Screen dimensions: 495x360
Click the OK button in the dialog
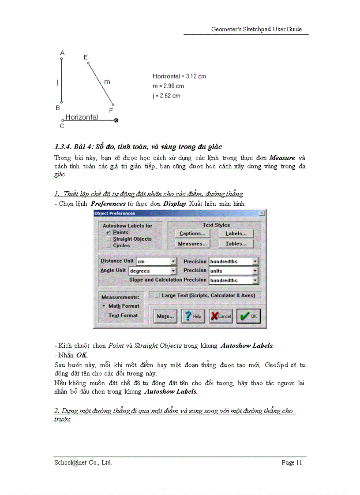tap(249, 316)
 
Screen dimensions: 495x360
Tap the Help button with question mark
tap(193, 316)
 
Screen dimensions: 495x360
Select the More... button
tap(165, 316)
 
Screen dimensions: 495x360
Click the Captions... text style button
tap(192, 234)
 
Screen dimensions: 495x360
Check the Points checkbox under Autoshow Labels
tap(108, 232)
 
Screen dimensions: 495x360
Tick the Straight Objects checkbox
tap(108, 239)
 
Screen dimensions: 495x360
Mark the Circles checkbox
tap(108, 246)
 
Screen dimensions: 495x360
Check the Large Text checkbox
tap(157, 295)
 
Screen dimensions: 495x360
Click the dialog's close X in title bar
tap(262, 213)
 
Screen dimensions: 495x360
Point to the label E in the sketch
tap(86, 57)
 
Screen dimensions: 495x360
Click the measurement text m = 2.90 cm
tap(168, 86)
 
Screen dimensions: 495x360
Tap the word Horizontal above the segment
tap(82, 117)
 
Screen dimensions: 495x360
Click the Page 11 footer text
tap(292, 462)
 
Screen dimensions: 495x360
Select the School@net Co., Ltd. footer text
tap(83, 462)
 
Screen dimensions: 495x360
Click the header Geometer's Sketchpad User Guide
tap(256, 29)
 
